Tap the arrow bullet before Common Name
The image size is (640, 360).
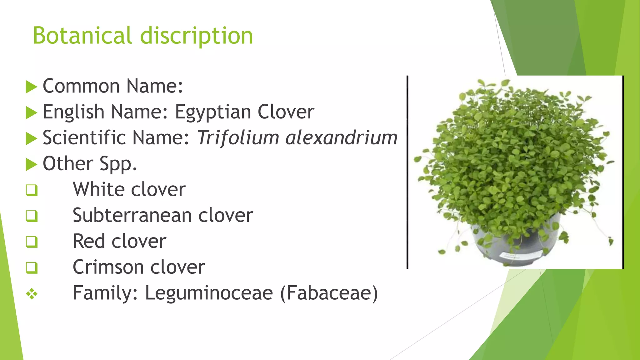(31, 87)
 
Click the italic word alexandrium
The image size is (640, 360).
(341, 137)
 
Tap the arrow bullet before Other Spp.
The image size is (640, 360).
(31, 164)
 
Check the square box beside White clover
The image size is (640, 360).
(32, 190)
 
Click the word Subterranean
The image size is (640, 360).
(132, 215)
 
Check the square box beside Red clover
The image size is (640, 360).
(32, 242)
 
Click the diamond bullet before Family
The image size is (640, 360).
(32, 294)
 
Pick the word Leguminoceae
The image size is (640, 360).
(209, 293)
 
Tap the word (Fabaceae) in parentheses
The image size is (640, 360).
(329, 293)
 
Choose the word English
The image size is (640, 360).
(73, 112)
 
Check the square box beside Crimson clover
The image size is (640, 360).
(32, 268)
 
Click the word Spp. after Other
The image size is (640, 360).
(118, 164)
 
